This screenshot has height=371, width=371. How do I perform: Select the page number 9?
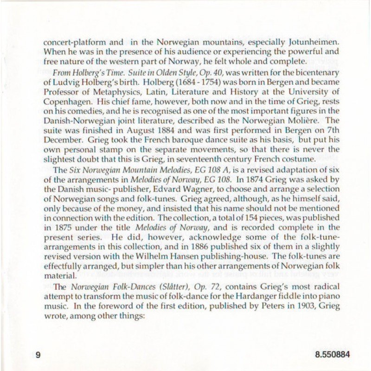click(x=38, y=355)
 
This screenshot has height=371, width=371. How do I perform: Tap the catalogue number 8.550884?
click(x=332, y=355)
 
